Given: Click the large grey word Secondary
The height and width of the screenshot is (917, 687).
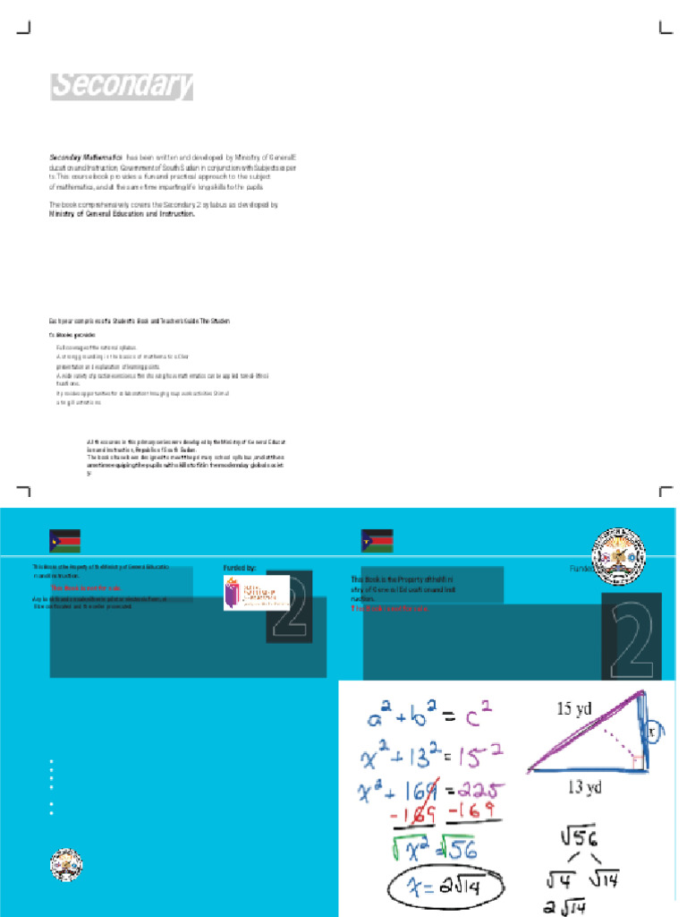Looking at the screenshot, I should (x=121, y=86).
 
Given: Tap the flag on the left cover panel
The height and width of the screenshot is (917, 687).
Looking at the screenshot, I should (x=64, y=542).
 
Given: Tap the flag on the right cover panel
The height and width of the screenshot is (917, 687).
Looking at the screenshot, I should (x=377, y=542).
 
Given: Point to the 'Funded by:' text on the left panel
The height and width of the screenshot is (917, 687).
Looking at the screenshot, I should (x=240, y=568).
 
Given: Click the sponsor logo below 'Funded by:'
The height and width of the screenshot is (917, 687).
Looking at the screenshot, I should (x=256, y=592).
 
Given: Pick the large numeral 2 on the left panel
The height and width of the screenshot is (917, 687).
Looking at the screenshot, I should (x=287, y=605).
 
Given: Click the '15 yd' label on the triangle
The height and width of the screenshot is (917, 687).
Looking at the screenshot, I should (x=574, y=709).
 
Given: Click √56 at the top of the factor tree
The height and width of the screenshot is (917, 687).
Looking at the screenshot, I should (x=579, y=837).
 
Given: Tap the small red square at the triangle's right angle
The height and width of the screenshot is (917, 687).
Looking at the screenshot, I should (x=636, y=761).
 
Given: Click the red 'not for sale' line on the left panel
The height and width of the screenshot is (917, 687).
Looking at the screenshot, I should (x=85, y=588).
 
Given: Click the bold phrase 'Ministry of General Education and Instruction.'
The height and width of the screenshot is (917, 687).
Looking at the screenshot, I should (x=121, y=215).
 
